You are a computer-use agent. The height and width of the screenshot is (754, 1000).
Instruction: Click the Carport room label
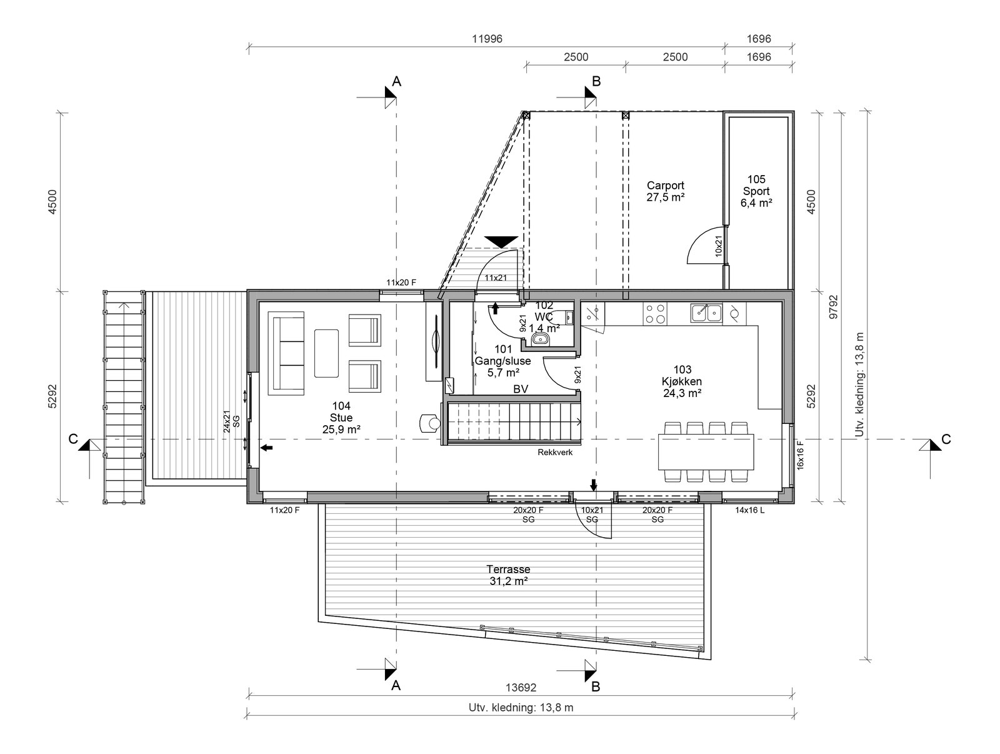point(665,191)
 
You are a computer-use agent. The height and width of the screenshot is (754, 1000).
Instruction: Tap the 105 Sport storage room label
point(756,191)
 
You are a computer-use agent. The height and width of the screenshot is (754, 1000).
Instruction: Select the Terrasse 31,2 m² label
point(508,575)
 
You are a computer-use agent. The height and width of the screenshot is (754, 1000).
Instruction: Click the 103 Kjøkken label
point(682,381)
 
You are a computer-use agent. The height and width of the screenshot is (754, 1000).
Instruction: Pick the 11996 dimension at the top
point(486,39)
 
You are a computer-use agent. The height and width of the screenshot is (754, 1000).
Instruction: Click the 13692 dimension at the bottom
point(521,688)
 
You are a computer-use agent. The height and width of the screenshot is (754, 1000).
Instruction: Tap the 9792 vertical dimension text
point(833,306)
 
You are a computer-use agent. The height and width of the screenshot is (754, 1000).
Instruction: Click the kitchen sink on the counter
point(706,313)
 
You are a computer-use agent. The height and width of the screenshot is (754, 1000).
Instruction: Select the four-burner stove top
point(656,314)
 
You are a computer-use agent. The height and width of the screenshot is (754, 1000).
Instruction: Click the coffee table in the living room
point(326,353)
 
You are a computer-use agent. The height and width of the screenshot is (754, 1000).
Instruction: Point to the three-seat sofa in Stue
point(286,353)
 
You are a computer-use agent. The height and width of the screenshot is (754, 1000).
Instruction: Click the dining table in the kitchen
point(706,452)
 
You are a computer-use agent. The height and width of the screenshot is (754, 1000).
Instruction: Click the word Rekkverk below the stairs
point(555,453)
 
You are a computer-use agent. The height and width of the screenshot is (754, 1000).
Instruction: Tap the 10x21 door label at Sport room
point(719,246)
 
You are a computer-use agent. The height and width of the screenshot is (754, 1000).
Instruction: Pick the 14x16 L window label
point(749,510)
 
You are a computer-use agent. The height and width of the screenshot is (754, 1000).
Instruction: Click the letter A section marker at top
point(396,81)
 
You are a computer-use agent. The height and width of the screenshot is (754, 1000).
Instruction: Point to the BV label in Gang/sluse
point(521,389)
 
